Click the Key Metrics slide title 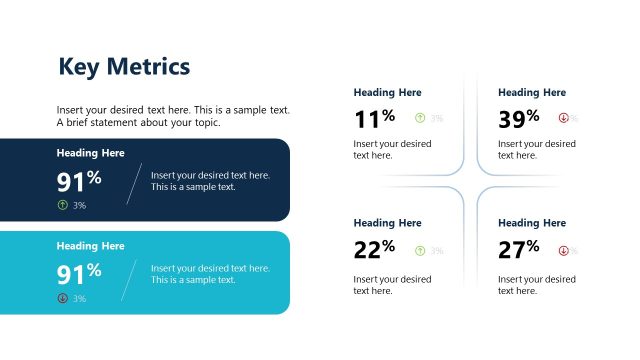pos(124,67)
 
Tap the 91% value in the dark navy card pos(79,181)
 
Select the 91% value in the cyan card pos(79,273)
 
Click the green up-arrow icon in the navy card pos(63,205)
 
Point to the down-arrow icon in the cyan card pos(63,298)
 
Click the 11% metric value pos(374,119)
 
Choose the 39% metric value pos(519,119)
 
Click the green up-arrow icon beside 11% pos(420,118)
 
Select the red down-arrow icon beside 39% pos(563,118)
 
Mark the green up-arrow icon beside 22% pos(420,250)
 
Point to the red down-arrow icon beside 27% pos(563,250)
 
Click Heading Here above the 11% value pos(387,92)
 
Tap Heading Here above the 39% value pos(531,92)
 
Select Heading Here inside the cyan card pos(90,246)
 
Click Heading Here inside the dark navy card pos(90,153)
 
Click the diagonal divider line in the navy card pos(134,183)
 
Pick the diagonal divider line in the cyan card pos(129,280)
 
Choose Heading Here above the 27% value pos(531,223)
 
